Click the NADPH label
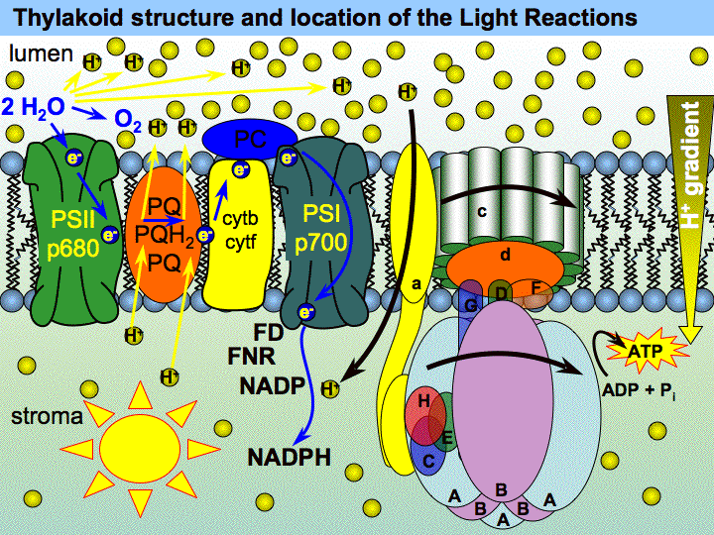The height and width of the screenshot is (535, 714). [290, 457]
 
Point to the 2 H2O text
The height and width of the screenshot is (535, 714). [34, 105]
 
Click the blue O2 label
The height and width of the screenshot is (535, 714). [128, 121]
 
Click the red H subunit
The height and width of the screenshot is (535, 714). [423, 403]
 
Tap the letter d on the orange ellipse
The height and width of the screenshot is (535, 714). [504, 257]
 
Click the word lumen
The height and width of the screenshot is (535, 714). [36, 52]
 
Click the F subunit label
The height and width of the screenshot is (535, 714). [535, 288]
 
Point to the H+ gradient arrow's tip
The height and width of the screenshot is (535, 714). [692, 338]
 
